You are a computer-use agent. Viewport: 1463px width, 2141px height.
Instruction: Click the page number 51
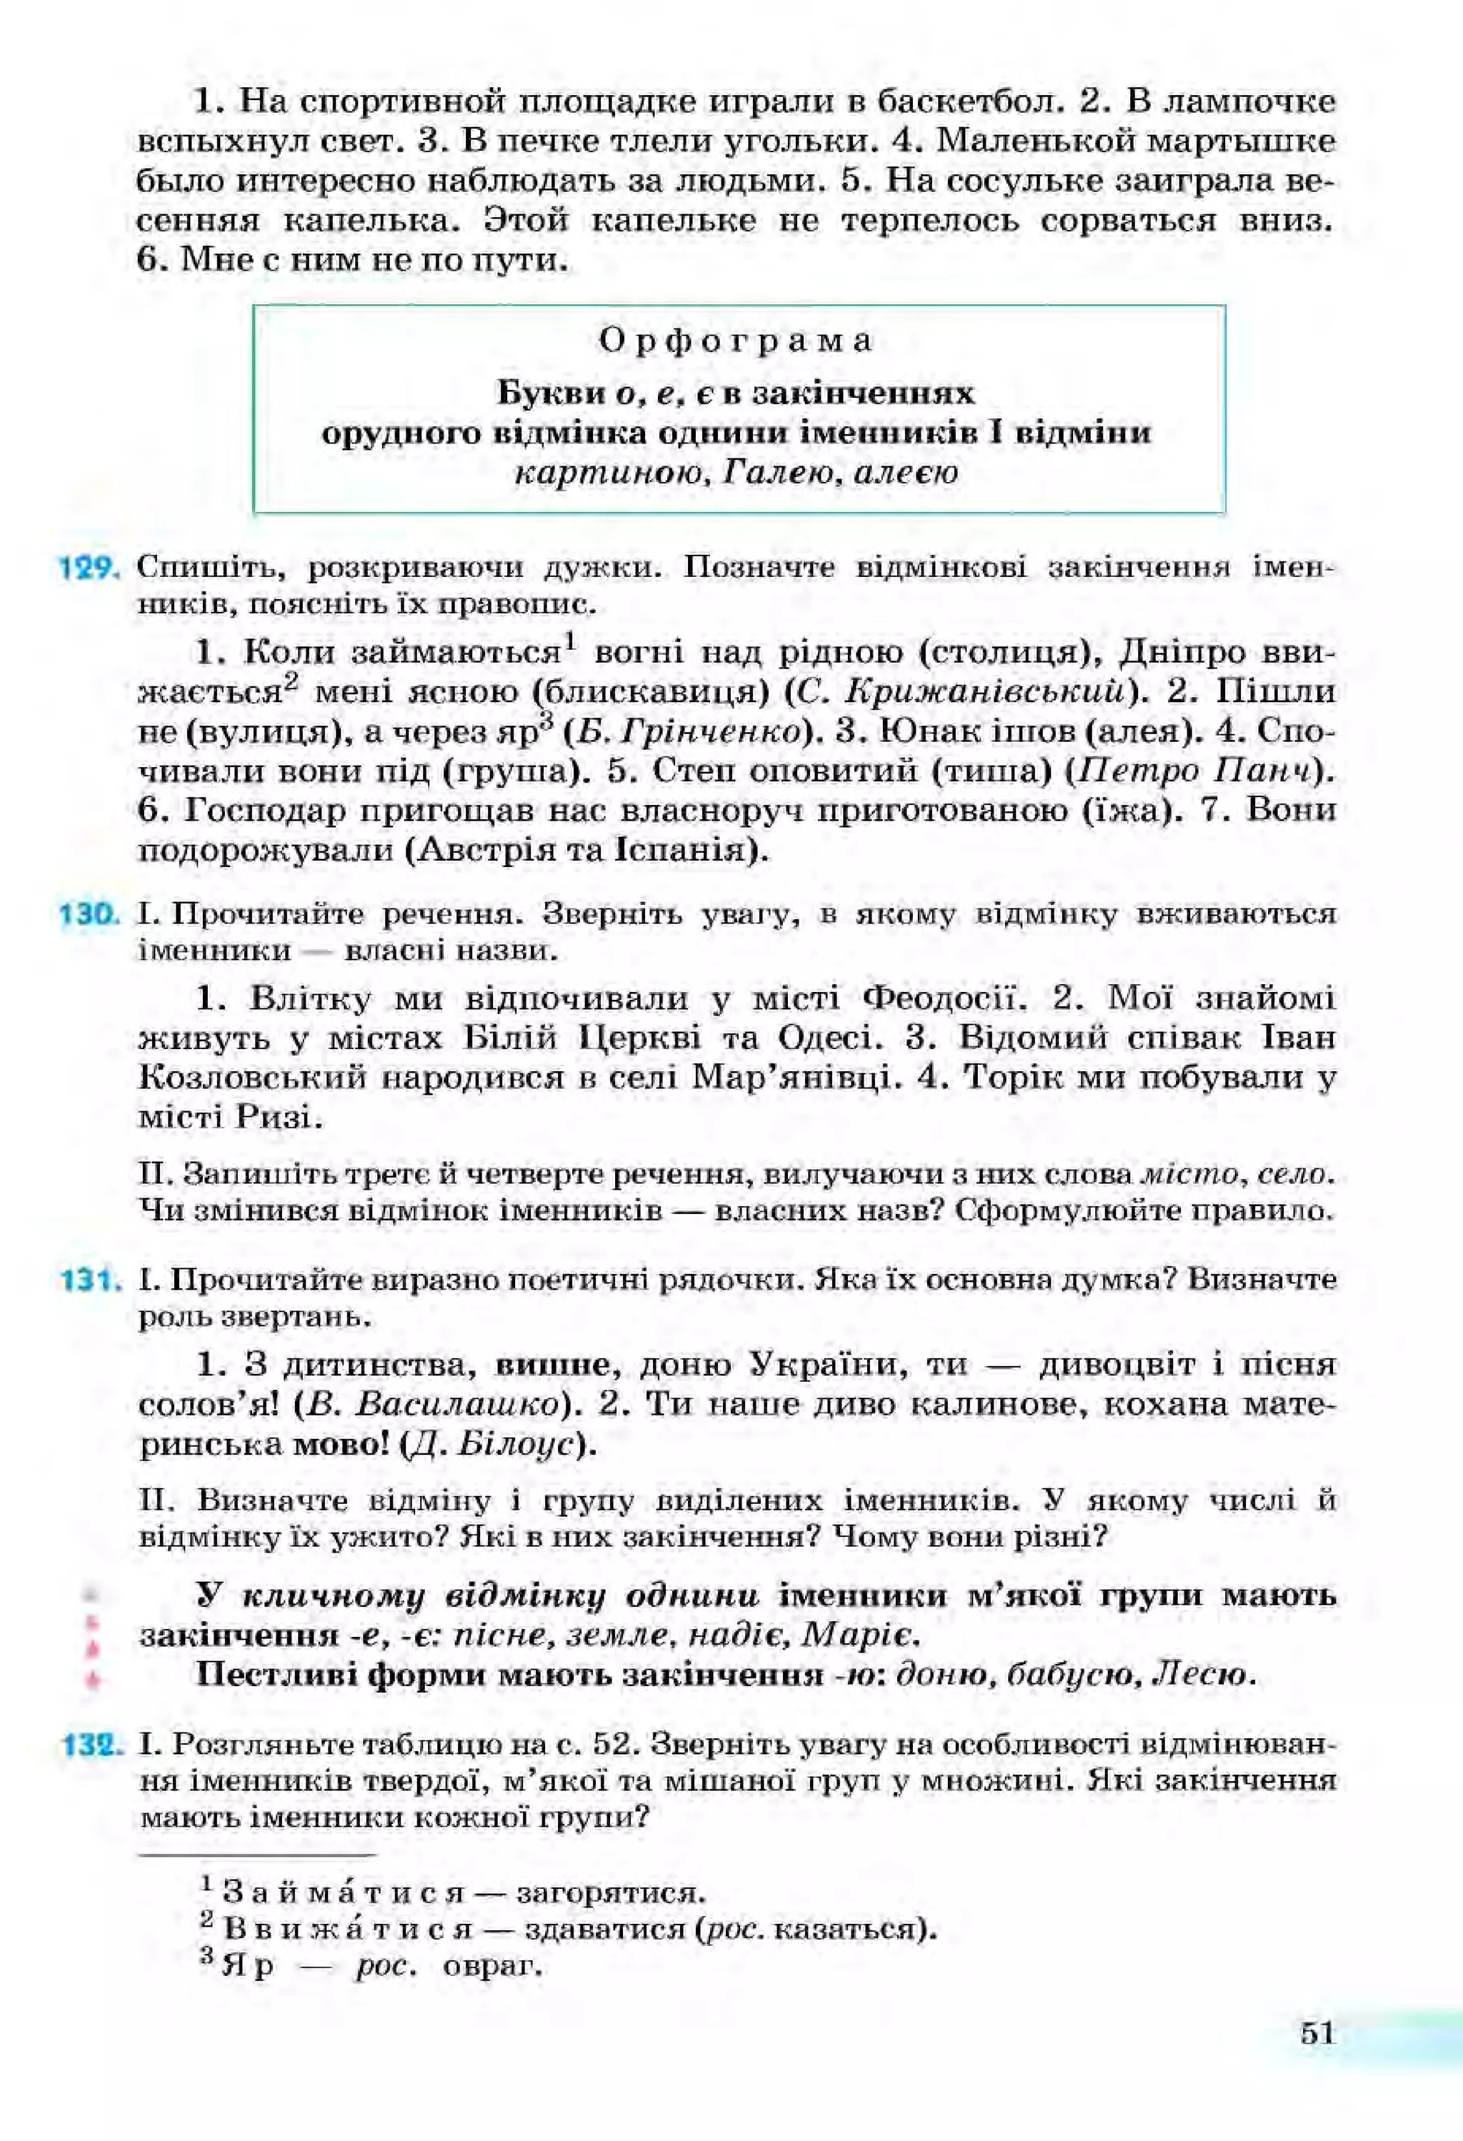pyautogui.click(x=1317, y=2033)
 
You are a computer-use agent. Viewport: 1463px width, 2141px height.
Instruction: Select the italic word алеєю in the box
pyautogui.click(x=907, y=473)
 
